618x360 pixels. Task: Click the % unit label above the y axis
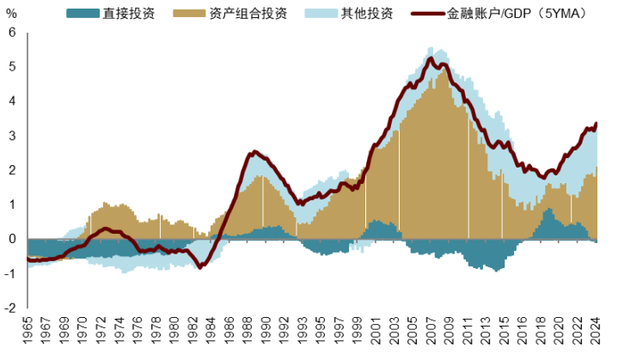(x=11, y=15)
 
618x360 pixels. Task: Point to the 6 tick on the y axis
(x=12, y=33)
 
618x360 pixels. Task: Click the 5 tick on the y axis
(x=12, y=67)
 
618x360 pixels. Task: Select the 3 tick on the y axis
(x=12, y=136)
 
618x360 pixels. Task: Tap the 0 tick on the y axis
(x=12, y=239)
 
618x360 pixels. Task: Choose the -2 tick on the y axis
(x=10, y=308)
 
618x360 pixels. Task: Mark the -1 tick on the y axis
(x=10, y=273)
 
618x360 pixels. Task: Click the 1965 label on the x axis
(x=28, y=332)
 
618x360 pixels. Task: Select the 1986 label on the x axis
(x=229, y=332)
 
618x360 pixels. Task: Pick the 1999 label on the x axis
(x=355, y=332)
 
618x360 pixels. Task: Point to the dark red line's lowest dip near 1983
(x=200, y=267)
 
